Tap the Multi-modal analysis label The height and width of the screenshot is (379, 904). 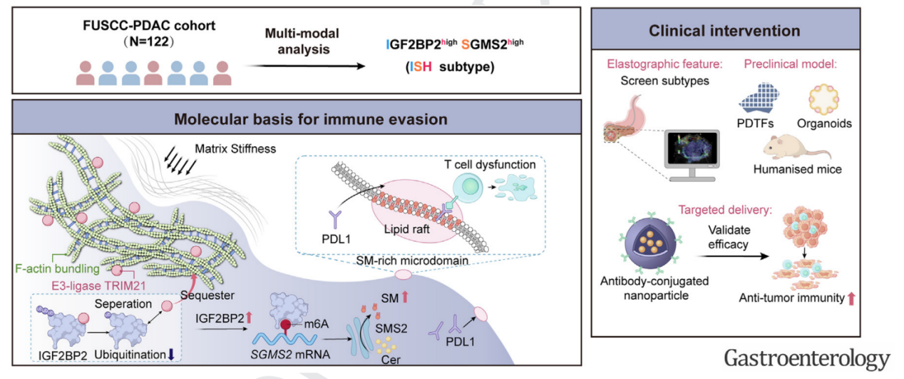[300, 42]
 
